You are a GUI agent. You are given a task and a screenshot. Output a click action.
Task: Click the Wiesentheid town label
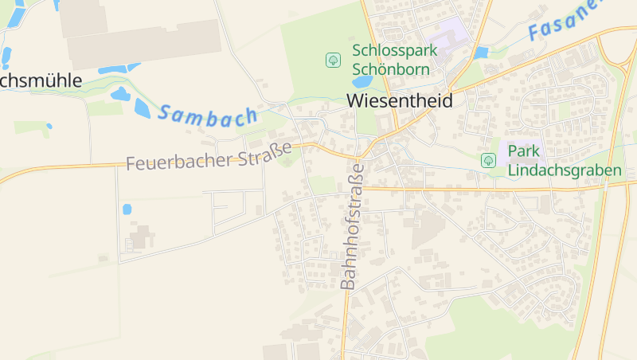click(x=399, y=101)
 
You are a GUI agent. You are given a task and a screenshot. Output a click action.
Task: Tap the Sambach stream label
click(x=207, y=114)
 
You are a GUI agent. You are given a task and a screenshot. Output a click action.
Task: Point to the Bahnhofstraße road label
click(x=351, y=225)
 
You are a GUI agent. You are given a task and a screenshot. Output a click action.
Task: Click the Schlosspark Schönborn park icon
click(x=333, y=60)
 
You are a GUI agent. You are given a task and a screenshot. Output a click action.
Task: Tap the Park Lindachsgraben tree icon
click(x=488, y=160)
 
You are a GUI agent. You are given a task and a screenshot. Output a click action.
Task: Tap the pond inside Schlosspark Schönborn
click(x=361, y=82)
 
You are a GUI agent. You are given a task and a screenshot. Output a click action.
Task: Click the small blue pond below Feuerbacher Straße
click(x=127, y=209)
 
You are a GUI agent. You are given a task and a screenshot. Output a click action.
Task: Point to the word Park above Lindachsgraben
click(x=523, y=152)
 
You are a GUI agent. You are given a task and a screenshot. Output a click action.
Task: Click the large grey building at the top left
click(x=143, y=43)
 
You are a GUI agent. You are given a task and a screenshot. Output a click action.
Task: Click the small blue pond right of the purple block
click(x=480, y=53)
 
